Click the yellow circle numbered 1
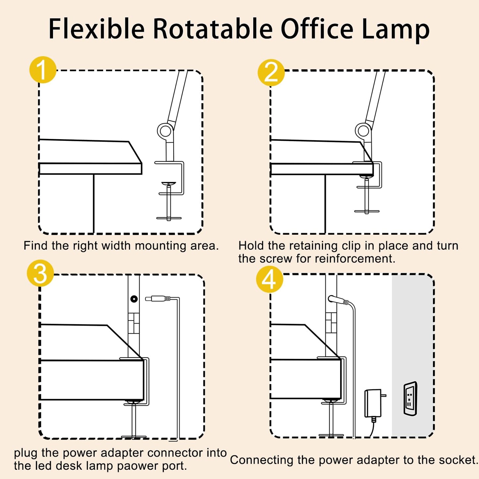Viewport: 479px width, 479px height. pos(43,70)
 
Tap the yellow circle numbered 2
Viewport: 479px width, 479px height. pos(271,73)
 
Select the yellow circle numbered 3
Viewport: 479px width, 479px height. pos(40,273)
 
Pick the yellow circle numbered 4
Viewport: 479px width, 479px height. pos(269,279)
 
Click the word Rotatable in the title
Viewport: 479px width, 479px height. pos(212,29)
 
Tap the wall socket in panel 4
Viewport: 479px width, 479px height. pos(410,398)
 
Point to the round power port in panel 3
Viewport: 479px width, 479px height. pos(134,299)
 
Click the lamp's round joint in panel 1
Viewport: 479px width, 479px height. pos(164,131)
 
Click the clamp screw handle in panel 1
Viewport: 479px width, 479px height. pos(169,218)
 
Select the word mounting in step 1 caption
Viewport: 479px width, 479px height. pos(156,246)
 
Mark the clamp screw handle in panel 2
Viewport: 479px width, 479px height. pos(367,211)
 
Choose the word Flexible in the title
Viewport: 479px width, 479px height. pos(96,29)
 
